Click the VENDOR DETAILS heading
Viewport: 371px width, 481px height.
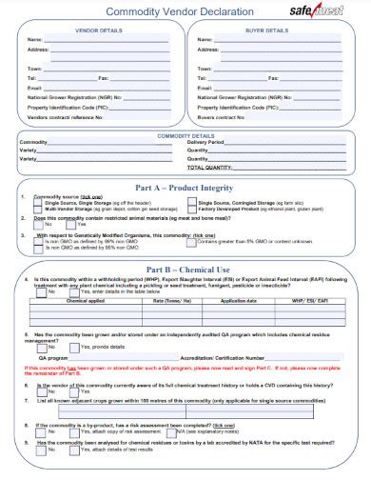tap(98, 30)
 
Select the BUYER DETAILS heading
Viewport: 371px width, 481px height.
tap(269, 30)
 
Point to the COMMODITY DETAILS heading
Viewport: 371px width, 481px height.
tap(185, 135)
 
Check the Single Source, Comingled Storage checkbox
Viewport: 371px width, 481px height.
tap(192, 203)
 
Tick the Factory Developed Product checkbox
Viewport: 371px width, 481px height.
tap(192, 210)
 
